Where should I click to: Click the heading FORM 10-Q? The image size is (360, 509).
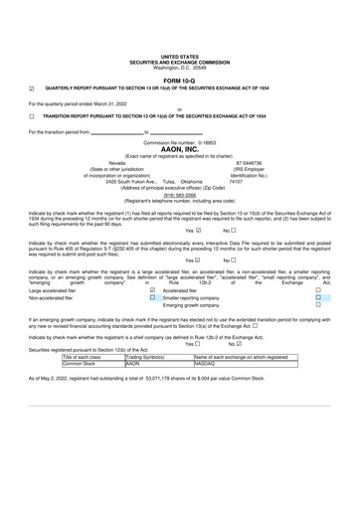(179, 81)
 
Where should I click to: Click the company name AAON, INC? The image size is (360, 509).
(179, 149)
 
